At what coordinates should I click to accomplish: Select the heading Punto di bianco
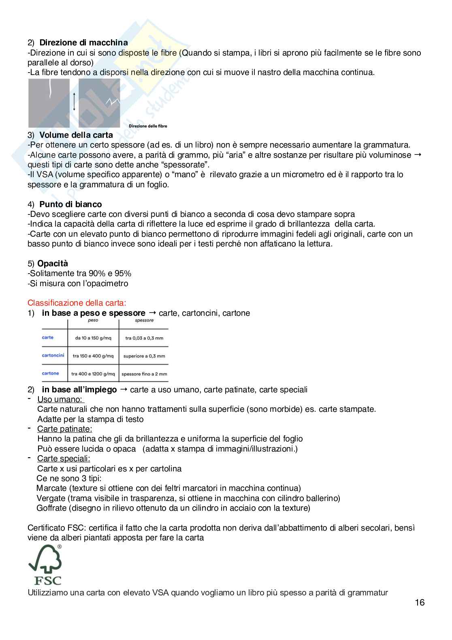(x=70, y=204)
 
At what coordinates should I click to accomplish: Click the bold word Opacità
(x=53, y=263)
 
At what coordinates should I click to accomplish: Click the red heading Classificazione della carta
(x=77, y=303)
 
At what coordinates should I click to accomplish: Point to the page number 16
(x=420, y=603)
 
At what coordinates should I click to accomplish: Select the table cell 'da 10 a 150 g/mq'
(x=93, y=338)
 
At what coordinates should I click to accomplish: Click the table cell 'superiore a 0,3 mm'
(x=144, y=356)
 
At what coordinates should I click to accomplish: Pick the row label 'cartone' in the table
(x=51, y=373)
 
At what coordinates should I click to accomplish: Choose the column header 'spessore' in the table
(x=144, y=321)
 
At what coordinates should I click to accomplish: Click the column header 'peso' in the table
(x=93, y=321)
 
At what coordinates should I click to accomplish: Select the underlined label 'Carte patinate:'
(x=64, y=429)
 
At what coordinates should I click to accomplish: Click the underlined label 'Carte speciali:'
(x=64, y=458)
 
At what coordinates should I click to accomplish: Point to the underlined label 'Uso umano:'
(x=60, y=400)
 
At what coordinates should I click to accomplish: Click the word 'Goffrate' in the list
(x=52, y=508)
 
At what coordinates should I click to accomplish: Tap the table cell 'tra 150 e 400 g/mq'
(x=93, y=356)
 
